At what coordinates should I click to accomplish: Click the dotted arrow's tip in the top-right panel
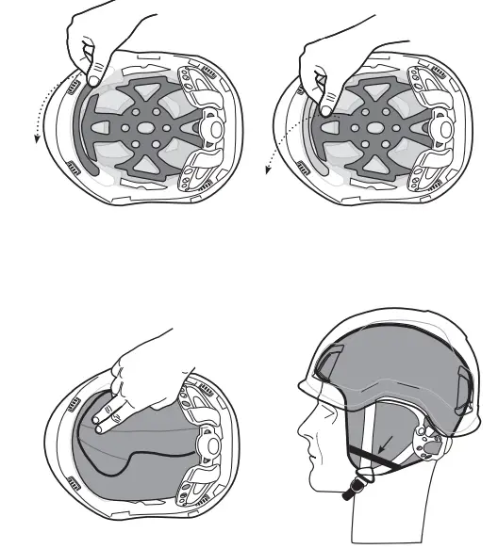(x=267, y=174)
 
